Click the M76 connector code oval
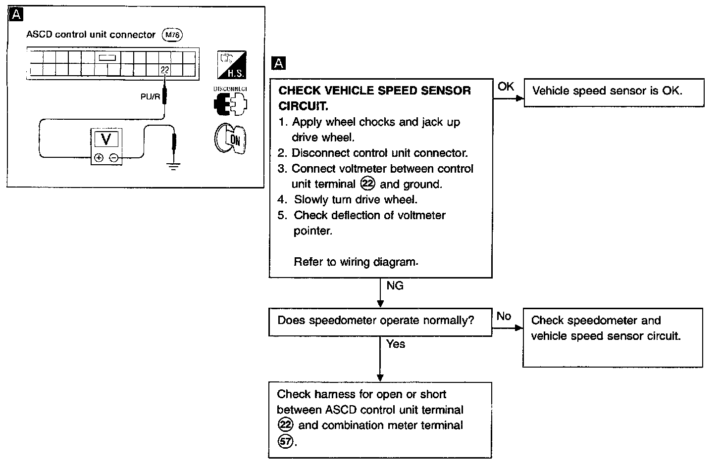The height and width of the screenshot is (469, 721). tap(173, 35)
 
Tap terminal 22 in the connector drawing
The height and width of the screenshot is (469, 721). tap(165, 70)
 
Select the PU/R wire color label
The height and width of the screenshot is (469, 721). tap(151, 97)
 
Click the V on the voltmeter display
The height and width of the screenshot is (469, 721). tap(106, 139)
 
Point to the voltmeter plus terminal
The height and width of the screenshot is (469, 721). tap(99, 158)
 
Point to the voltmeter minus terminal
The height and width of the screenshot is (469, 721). tap(113, 158)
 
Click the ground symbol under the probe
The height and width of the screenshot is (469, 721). tap(173, 167)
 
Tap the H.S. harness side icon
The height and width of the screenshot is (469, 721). tap(232, 65)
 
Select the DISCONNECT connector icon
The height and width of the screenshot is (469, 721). tap(230, 103)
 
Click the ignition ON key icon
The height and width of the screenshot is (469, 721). tap(230, 138)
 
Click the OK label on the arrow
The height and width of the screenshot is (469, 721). tap(506, 87)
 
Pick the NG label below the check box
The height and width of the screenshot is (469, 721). tap(395, 285)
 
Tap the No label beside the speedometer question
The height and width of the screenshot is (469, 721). tap(504, 316)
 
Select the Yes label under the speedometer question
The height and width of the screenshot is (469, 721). tap(396, 344)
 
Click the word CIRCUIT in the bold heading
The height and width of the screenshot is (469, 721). tap(303, 106)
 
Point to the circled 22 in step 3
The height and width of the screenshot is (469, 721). tap(368, 184)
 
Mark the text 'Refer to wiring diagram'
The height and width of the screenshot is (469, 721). tap(356, 262)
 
